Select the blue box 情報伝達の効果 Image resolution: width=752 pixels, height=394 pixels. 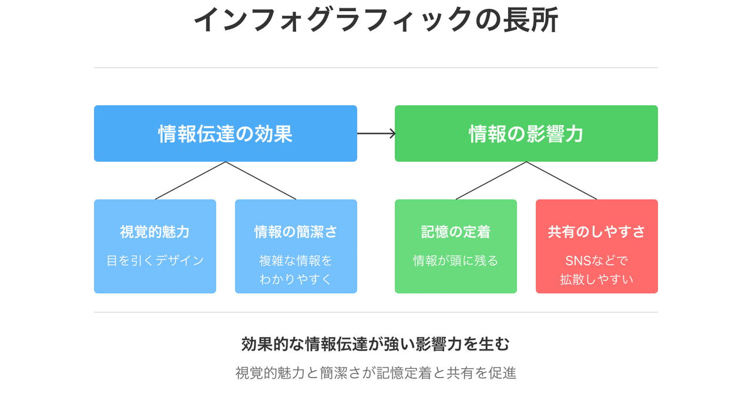click(226, 134)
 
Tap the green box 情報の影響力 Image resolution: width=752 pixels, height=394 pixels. click(526, 134)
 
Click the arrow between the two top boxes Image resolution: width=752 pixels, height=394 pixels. click(376, 133)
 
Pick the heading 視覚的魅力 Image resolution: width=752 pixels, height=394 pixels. click(155, 232)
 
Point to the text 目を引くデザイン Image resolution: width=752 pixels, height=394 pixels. click(155, 261)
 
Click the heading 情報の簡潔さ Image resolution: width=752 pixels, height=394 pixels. click(296, 232)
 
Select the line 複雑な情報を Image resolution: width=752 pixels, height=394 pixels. click(296, 261)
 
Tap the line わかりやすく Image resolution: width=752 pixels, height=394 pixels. click(296, 279)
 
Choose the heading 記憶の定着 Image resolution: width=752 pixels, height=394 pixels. click(456, 232)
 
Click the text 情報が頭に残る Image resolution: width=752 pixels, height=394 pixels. click(456, 261)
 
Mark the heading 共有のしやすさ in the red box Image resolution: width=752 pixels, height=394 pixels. click(597, 232)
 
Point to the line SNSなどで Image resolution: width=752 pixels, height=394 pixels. click(597, 261)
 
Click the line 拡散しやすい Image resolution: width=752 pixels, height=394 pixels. click(597, 279)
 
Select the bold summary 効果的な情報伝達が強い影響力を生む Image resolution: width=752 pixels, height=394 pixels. click(376, 344)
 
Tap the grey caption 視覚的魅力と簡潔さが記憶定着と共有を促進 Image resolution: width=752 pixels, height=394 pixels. click(376, 373)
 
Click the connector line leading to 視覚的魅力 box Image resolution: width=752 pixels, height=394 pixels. click(190, 181)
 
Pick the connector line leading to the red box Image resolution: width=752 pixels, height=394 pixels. click(562, 181)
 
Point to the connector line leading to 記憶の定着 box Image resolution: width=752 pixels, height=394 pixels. click(491, 181)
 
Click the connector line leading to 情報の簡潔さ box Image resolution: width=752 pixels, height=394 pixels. click(261, 181)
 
